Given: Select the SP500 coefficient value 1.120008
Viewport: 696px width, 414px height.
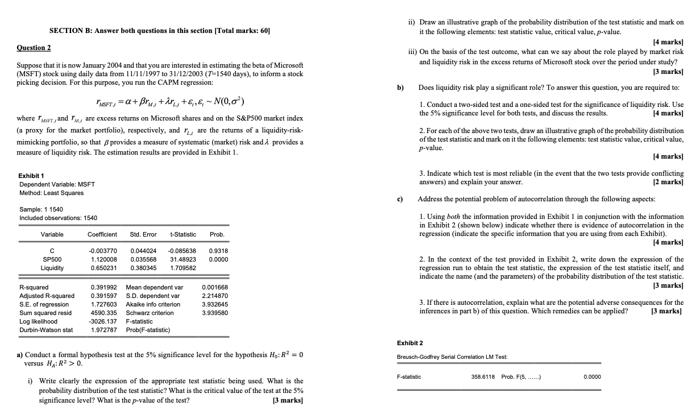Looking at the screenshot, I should coord(102,259).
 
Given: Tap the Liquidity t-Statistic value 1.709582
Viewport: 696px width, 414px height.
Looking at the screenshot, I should coord(183,268).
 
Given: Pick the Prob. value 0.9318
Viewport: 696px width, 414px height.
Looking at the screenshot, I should coord(219,251).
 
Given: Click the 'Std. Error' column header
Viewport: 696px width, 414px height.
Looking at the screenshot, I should coord(143,234).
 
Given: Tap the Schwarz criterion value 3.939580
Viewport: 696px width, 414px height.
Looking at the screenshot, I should coord(214,313).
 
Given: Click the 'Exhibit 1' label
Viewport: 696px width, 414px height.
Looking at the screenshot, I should coord(32,176).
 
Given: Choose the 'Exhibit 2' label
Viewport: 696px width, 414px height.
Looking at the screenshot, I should coord(409,343).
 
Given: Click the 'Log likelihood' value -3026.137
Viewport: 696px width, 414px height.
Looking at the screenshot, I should coord(103,321).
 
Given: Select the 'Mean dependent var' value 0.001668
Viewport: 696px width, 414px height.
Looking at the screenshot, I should coord(214,287).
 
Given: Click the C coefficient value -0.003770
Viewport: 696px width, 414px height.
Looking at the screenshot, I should coord(103,251).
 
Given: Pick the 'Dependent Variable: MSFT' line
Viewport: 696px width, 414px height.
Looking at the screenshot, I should coord(57,184).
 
